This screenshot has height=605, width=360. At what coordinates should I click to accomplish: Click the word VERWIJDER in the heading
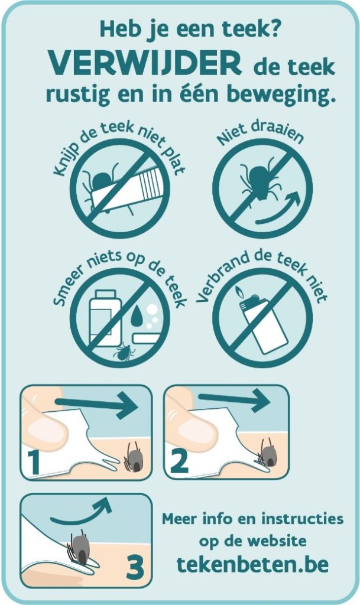(144, 64)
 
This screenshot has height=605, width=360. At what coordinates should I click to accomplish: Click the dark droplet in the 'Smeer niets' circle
(135, 315)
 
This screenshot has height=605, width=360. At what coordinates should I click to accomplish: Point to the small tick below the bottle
(124, 352)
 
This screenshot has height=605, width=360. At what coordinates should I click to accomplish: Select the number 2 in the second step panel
(179, 461)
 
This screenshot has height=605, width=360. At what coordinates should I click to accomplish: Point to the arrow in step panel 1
(97, 404)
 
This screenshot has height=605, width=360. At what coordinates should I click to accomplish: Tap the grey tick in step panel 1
(134, 458)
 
